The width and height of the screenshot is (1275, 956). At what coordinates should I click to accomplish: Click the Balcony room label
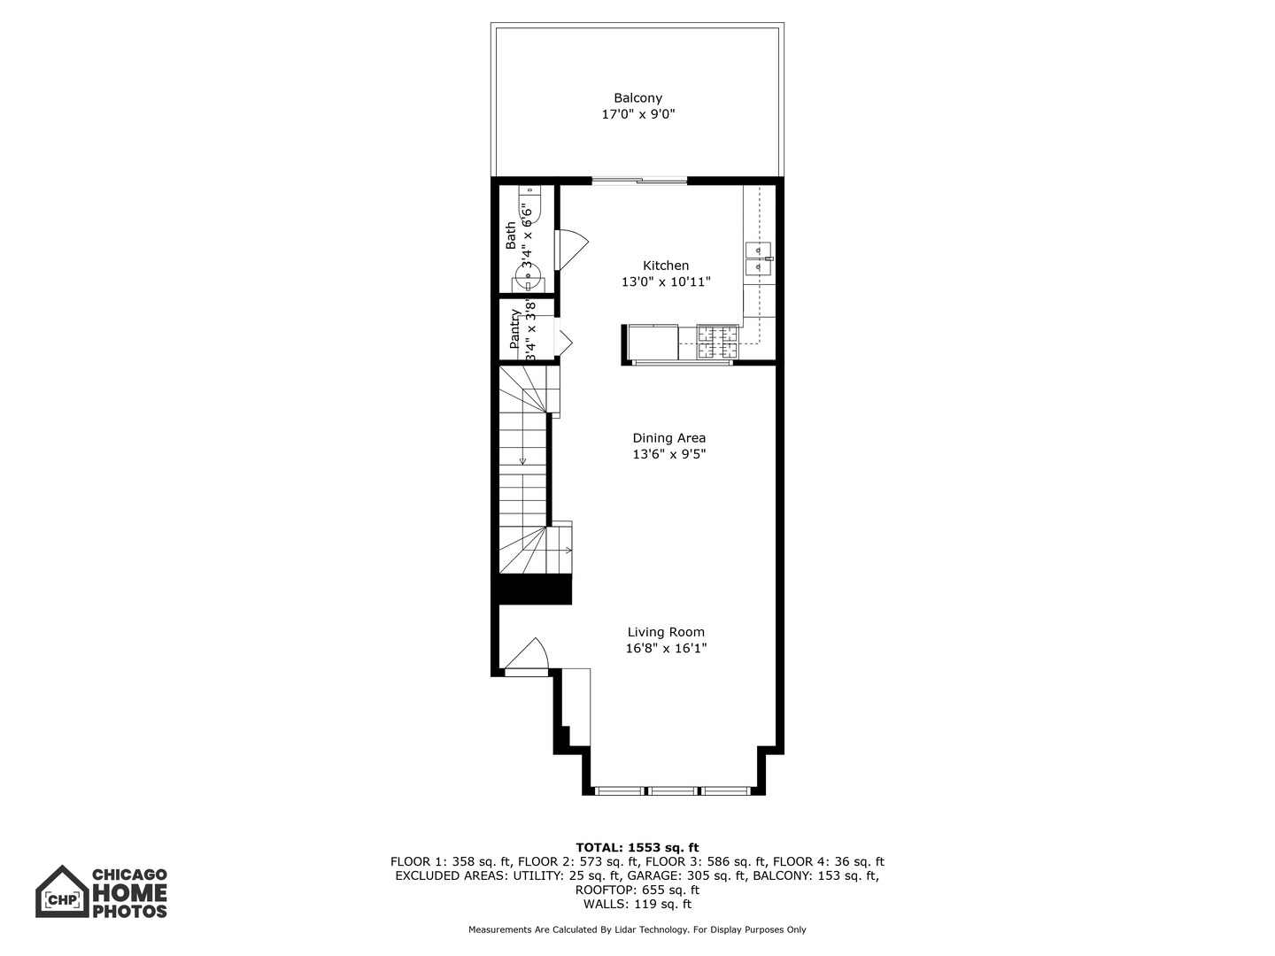tap(637, 98)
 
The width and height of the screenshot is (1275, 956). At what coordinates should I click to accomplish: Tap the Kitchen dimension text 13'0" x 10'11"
tap(666, 282)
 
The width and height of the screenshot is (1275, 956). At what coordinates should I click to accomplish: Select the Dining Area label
tap(668, 437)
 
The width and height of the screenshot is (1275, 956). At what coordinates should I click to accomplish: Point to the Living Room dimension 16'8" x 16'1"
tap(666, 648)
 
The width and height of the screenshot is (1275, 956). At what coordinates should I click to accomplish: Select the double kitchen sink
tap(758, 258)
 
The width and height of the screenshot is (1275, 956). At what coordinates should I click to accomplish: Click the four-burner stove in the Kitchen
tap(716, 343)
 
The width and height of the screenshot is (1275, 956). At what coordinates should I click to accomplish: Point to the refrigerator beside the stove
tap(653, 343)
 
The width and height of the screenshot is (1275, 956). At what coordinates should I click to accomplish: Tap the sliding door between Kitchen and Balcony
tap(639, 181)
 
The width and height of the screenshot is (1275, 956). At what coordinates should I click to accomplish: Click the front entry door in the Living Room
tap(529, 658)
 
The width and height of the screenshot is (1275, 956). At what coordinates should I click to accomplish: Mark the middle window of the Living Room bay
tap(673, 790)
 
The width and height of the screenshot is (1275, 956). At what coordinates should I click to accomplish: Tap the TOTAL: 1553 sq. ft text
tap(637, 847)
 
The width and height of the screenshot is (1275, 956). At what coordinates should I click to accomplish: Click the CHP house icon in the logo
tap(62, 892)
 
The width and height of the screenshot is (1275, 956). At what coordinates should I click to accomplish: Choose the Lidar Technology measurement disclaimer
tap(637, 929)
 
